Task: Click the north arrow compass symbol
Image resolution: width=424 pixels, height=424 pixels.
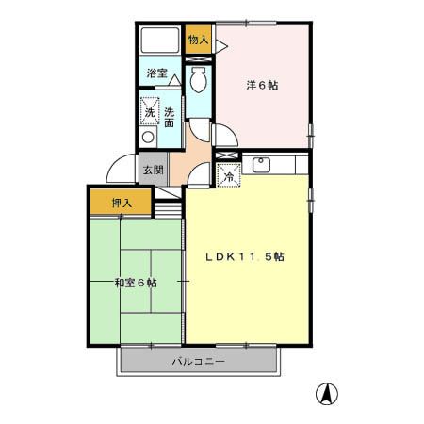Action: [x=327, y=394]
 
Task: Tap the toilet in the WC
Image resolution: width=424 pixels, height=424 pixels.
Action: [x=198, y=79]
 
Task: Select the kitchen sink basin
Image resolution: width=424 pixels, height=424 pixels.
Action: [x=261, y=165]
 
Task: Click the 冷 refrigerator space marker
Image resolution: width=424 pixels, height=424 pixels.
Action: [x=229, y=175]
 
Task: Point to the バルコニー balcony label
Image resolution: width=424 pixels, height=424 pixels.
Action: [x=199, y=362]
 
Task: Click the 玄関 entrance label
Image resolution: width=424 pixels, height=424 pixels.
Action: [x=154, y=171]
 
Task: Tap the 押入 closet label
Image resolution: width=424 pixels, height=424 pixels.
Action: [x=122, y=204]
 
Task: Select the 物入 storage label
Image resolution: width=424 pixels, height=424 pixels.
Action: [x=198, y=40]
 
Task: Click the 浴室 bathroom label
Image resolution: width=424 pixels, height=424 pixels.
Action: [x=156, y=73]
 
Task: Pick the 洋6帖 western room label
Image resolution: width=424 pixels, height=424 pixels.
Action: [x=262, y=85]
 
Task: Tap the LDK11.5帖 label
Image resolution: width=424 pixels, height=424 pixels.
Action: [x=245, y=257]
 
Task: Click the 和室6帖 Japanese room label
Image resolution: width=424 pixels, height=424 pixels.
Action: [x=136, y=283]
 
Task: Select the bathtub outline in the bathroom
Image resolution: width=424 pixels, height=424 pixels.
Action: [x=160, y=41]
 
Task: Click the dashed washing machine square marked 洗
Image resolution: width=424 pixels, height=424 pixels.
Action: [x=150, y=112]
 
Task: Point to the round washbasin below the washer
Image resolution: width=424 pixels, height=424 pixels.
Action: [x=148, y=138]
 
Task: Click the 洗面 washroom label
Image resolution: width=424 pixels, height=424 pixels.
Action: [x=170, y=117]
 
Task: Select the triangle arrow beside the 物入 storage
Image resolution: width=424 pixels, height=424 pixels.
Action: [x=221, y=46]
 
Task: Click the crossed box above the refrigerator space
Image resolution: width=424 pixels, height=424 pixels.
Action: [x=227, y=155]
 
